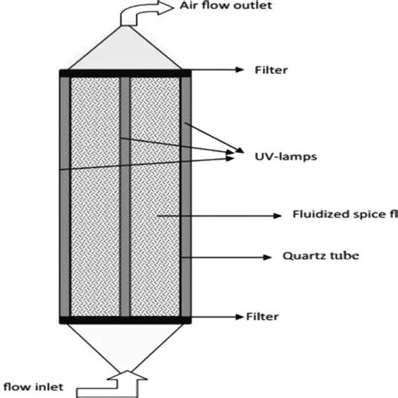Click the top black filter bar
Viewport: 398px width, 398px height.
[x=126, y=74]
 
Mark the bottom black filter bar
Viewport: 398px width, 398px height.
[x=126, y=319]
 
